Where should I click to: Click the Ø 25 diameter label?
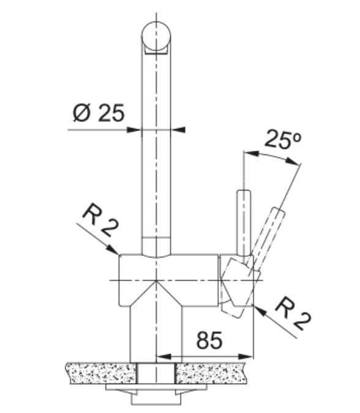coord(98,113)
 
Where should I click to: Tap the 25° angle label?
coord(283,139)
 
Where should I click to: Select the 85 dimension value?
coord(209,340)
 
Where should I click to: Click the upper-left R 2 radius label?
coord(100,220)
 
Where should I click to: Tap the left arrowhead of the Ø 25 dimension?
coord(134,130)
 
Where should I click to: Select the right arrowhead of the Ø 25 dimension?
coord(178,130)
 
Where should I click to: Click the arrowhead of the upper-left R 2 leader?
coord(113,249)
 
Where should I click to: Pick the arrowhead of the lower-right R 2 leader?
coord(259,309)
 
